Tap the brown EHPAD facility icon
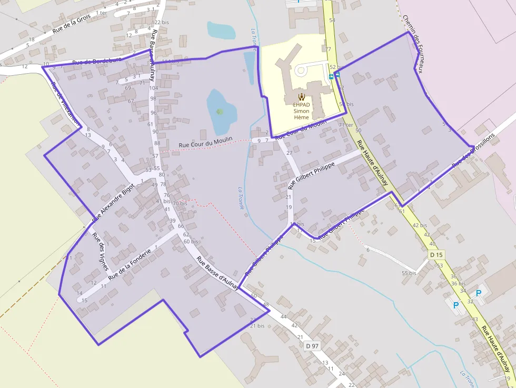tap(301, 96)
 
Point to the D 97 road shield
tap(312, 346)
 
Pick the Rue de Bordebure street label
tap(96, 61)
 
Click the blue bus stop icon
tap(331, 76)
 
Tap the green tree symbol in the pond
tap(220, 111)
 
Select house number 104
tap(154, 88)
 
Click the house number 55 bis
tap(409, 273)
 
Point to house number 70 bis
tap(180, 203)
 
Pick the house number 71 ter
tap(346, 125)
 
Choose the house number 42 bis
tap(420, 225)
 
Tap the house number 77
tap(328, 49)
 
